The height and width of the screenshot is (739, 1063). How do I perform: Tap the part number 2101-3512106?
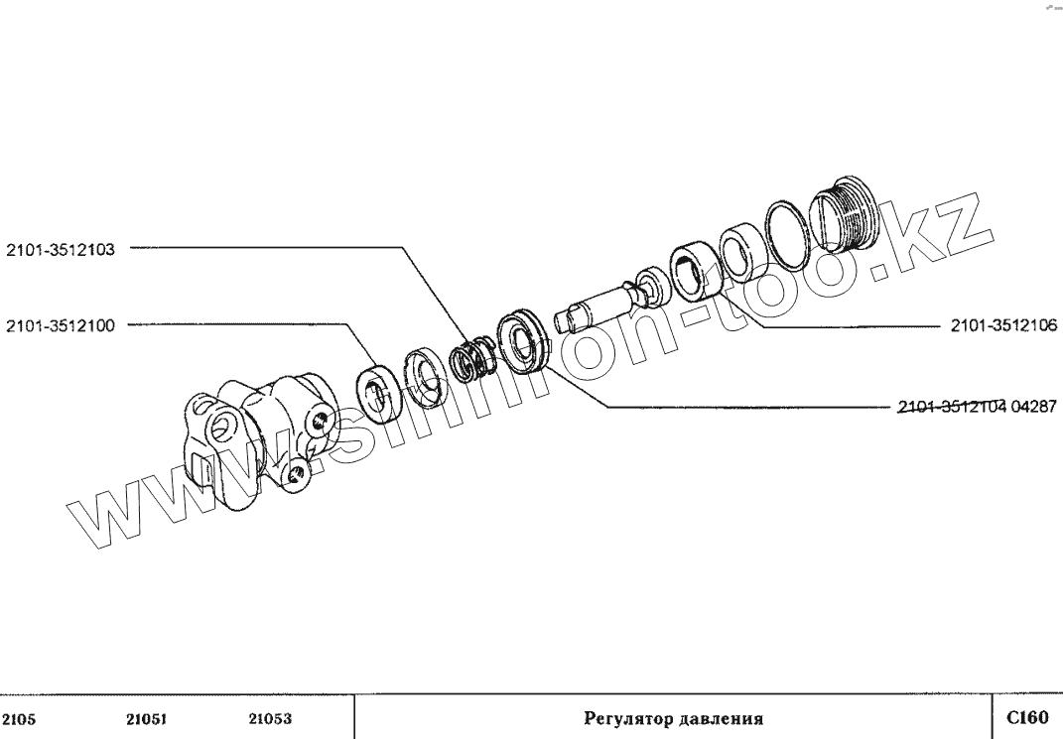coord(1003,325)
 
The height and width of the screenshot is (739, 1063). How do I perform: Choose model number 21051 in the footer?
coord(146,719)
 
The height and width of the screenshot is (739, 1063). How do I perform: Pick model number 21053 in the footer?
coord(270,719)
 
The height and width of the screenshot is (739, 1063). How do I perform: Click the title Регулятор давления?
coord(672,719)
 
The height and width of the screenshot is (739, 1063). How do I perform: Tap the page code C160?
coord(1026,718)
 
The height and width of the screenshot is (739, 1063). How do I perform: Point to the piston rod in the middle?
coord(595,304)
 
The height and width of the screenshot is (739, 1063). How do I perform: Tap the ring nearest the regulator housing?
coord(377,391)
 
